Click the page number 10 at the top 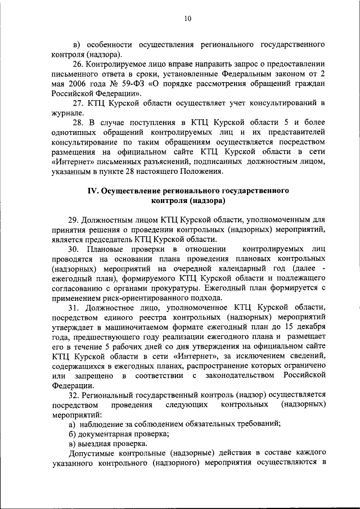click(188, 19)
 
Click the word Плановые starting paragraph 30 click(110, 249)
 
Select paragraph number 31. click(75, 308)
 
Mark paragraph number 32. click(75, 396)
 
